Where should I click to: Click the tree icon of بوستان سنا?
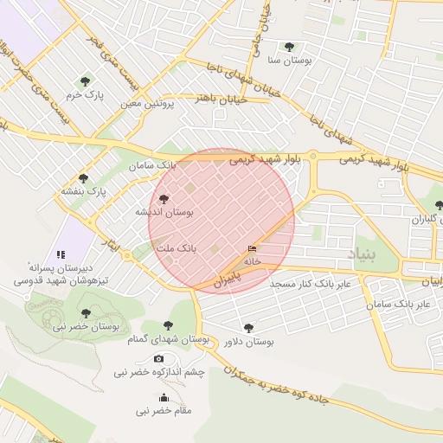[288, 47]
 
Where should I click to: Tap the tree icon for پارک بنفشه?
[83, 178]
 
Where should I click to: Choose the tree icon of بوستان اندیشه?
[165, 199]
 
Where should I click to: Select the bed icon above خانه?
[252, 249]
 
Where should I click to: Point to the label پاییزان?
[224, 282]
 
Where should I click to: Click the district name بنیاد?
[364, 253]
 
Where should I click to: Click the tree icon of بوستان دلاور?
[249, 328]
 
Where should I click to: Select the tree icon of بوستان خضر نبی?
[85, 313]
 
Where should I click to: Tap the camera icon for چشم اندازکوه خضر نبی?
[158, 358]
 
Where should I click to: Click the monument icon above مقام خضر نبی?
[164, 397]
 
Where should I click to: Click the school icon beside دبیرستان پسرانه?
[61, 254]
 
